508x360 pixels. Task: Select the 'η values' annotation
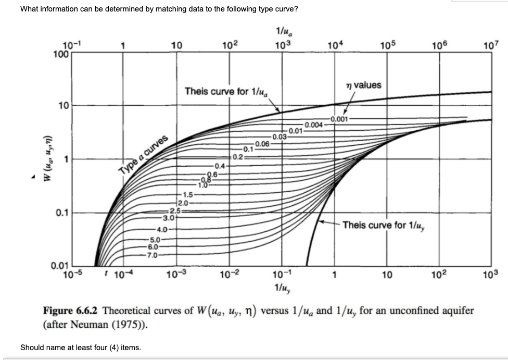coord(363,85)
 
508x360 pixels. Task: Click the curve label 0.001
coord(339,119)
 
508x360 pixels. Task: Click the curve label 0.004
coord(314,125)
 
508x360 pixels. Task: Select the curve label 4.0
coord(161,229)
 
